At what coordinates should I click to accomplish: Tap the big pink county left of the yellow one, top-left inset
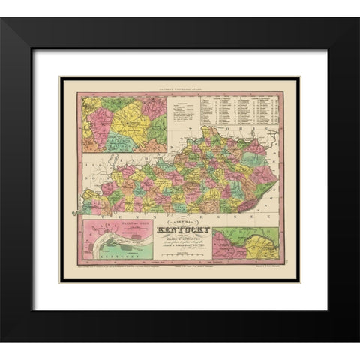pos(97,120)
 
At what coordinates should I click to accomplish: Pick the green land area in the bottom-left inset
pos(135,233)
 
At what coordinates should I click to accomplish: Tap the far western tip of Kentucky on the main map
pos(85,207)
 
